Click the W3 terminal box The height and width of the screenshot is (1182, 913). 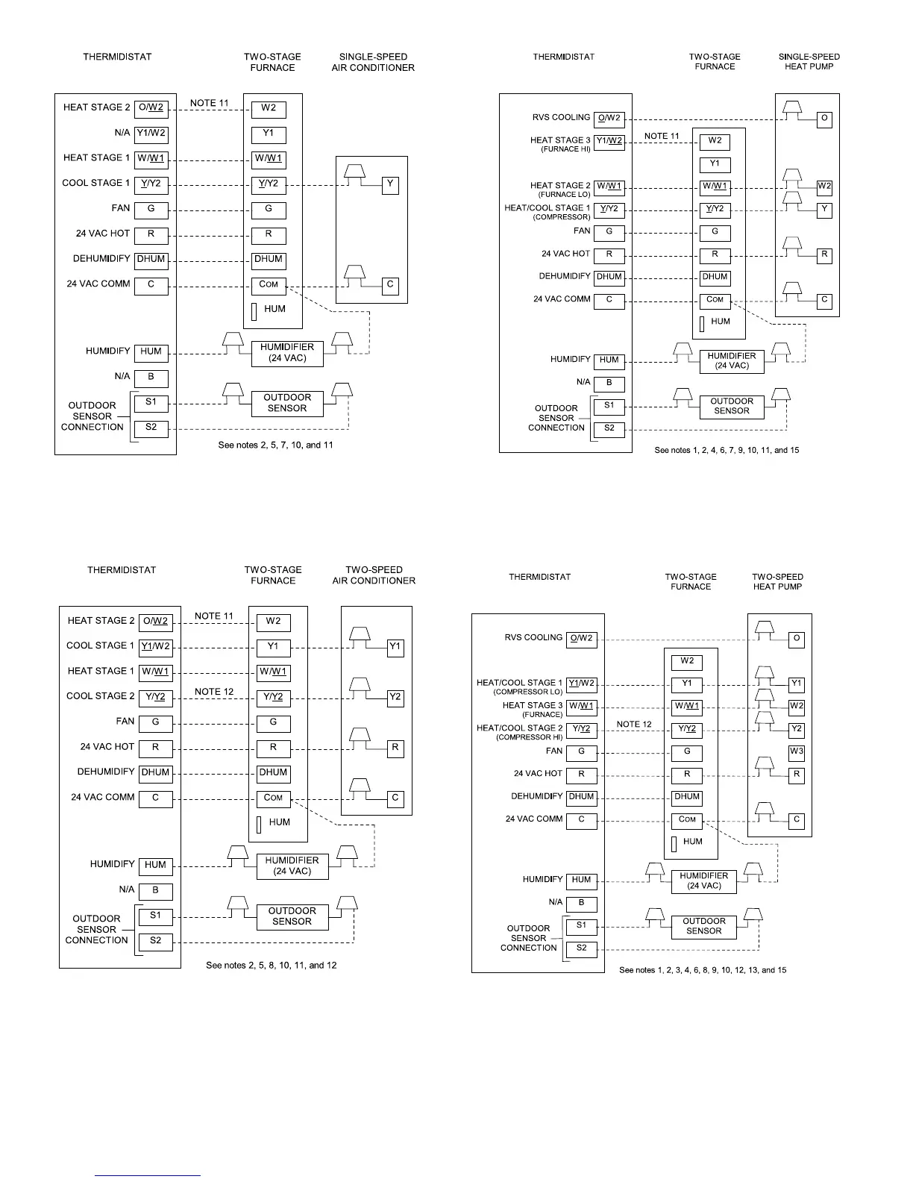click(x=797, y=751)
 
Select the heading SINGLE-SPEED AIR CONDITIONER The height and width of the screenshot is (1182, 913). click(x=373, y=62)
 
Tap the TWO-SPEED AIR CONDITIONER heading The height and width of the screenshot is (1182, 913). click(x=374, y=575)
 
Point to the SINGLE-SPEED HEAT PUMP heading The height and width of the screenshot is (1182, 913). click(x=809, y=61)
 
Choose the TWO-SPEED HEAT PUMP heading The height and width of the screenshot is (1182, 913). click(x=777, y=581)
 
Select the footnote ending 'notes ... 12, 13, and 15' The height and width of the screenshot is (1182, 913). click(x=703, y=970)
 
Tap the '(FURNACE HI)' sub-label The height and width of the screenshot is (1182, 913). click(x=565, y=149)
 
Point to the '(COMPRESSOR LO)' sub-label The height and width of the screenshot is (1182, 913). click(x=527, y=692)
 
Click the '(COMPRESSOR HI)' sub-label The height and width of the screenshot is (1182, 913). click(x=529, y=737)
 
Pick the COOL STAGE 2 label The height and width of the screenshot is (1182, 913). click(x=101, y=696)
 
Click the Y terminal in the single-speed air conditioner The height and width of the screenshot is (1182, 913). click(x=390, y=184)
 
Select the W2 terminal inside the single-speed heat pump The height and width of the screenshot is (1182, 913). click(x=824, y=187)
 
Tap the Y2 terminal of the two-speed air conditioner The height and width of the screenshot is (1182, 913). click(x=395, y=698)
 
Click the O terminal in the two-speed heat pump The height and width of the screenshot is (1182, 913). click(x=797, y=639)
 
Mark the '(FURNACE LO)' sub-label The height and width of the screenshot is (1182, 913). click(x=564, y=195)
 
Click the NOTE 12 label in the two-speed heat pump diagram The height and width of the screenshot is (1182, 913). click(x=634, y=725)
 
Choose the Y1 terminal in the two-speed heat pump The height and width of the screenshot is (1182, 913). click(x=797, y=684)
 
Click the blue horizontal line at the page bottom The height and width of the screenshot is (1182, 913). click(x=148, y=1176)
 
